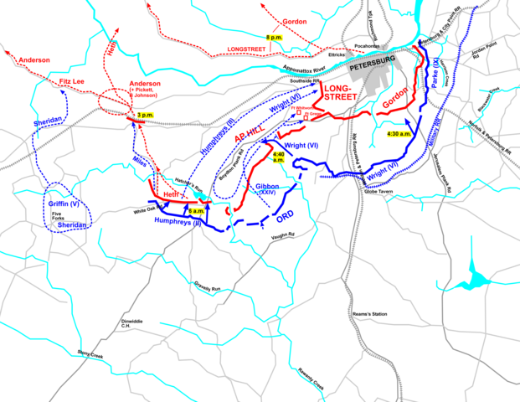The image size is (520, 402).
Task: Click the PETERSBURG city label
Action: pos(371,60)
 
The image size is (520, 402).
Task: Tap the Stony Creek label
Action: pos(92,354)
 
